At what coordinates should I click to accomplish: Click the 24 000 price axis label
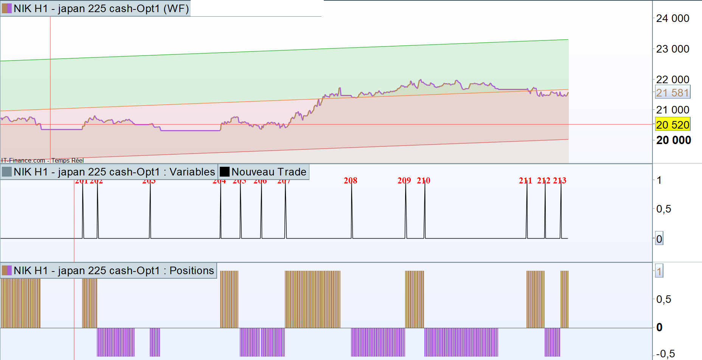click(672, 18)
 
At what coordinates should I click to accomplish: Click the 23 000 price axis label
click(672, 49)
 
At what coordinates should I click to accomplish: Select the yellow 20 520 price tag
click(672, 125)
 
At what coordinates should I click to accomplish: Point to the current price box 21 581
click(672, 93)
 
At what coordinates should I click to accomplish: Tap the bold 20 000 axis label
click(673, 140)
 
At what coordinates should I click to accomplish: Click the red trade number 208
click(350, 180)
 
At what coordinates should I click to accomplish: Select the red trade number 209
click(404, 180)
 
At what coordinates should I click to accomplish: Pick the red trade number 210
click(423, 180)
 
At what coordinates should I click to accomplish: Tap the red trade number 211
click(525, 180)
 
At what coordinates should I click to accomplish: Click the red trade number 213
click(559, 180)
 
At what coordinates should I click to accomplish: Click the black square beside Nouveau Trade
click(225, 172)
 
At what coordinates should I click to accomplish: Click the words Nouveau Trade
click(269, 172)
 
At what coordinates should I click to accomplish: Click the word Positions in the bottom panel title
click(191, 270)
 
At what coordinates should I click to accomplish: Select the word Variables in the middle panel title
click(192, 172)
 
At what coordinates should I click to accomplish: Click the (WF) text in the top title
click(176, 8)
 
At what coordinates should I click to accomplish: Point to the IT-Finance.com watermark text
click(23, 160)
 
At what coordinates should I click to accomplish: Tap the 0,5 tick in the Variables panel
click(663, 209)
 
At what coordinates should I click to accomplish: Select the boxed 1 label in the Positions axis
click(659, 271)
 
